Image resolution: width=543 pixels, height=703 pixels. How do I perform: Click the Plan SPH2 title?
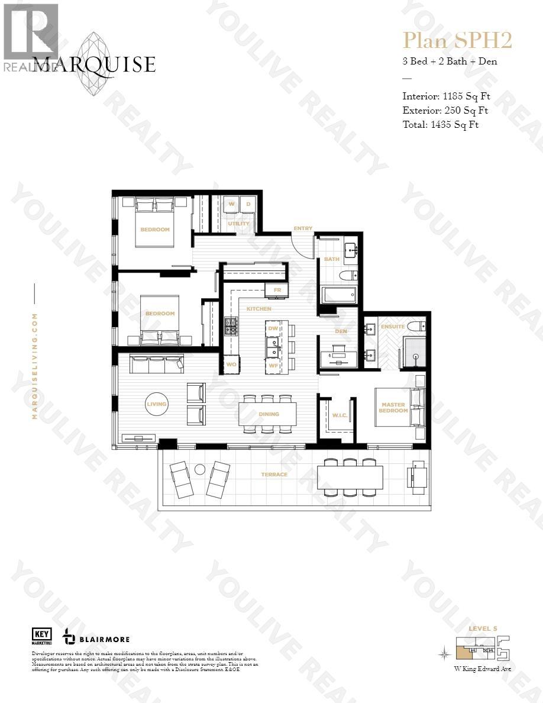click(x=457, y=40)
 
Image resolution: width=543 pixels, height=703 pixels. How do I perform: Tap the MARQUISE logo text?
click(x=94, y=65)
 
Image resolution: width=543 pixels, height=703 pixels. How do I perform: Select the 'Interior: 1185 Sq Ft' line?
click(x=446, y=96)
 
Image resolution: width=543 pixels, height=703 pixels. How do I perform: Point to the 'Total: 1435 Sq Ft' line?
click(x=441, y=124)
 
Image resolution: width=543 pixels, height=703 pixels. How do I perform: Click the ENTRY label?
click(x=303, y=228)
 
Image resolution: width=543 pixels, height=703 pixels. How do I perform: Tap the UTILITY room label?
click(x=239, y=224)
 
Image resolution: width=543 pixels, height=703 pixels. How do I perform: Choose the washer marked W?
click(x=231, y=205)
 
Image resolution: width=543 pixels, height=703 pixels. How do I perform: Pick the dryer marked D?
click(x=248, y=205)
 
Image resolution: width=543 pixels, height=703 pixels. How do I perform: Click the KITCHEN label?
click(x=258, y=309)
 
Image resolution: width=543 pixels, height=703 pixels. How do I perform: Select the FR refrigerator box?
click(x=277, y=290)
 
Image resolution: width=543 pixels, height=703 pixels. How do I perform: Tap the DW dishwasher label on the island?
click(x=273, y=328)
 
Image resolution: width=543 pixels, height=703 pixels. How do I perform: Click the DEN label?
click(x=341, y=331)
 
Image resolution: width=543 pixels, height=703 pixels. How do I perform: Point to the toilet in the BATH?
click(x=350, y=275)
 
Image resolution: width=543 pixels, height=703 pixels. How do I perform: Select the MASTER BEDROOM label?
click(x=393, y=408)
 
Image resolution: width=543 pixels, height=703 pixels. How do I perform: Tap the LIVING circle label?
click(x=157, y=404)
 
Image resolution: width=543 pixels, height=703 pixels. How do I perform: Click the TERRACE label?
click(x=274, y=475)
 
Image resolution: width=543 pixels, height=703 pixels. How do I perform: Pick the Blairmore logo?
click(x=96, y=638)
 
